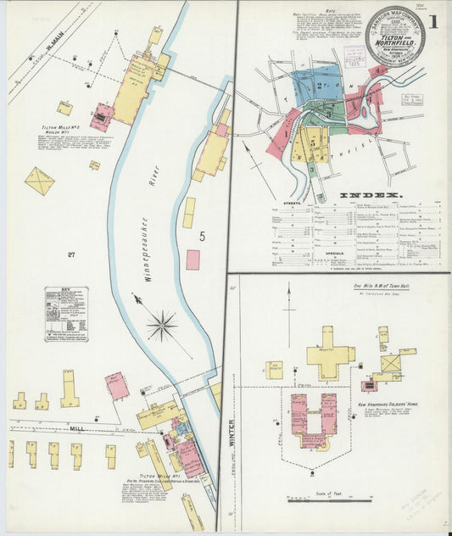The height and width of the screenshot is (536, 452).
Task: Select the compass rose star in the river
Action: [x=161, y=325]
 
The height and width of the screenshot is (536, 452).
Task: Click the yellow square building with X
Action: [x=39, y=181]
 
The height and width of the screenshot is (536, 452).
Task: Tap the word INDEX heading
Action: [x=370, y=196]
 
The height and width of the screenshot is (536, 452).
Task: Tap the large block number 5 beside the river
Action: [x=202, y=237]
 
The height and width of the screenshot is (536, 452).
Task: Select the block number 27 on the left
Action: [x=71, y=254]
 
